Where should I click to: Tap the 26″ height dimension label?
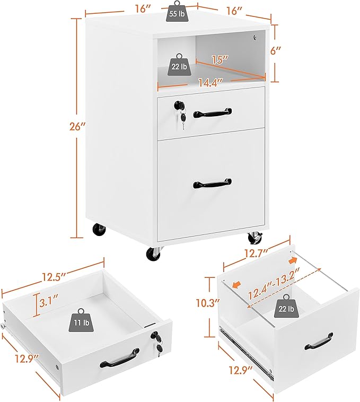tap(77, 127)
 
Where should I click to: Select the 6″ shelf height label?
tap(275, 50)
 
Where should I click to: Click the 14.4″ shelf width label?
tap(209, 82)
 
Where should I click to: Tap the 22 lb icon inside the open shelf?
tap(179, 64)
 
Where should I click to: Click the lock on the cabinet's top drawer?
tap(177, 104)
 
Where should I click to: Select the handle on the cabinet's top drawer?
tap(213, 113)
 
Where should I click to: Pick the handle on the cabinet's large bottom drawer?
tap(213, 183)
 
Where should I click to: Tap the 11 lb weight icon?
tap(82, 320)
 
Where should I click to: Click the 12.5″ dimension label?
tap(54, 277)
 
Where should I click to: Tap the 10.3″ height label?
tap(207, 303)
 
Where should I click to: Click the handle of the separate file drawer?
tap(319, 341)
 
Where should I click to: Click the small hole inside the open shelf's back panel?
tap(254, 38)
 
